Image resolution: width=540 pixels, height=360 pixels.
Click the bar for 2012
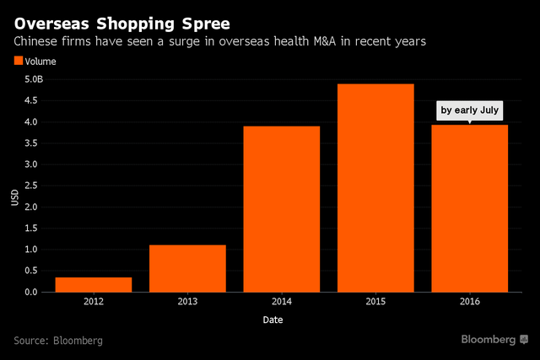93,285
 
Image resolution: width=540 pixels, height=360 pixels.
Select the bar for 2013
187,268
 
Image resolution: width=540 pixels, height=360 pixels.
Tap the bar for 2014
282,209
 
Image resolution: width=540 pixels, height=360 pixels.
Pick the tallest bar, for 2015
376,188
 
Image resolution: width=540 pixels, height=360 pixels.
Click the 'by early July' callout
470,110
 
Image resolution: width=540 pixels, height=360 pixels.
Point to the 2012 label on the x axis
93,302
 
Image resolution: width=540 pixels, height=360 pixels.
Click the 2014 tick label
282,302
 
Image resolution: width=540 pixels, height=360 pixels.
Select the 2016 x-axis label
470,302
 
